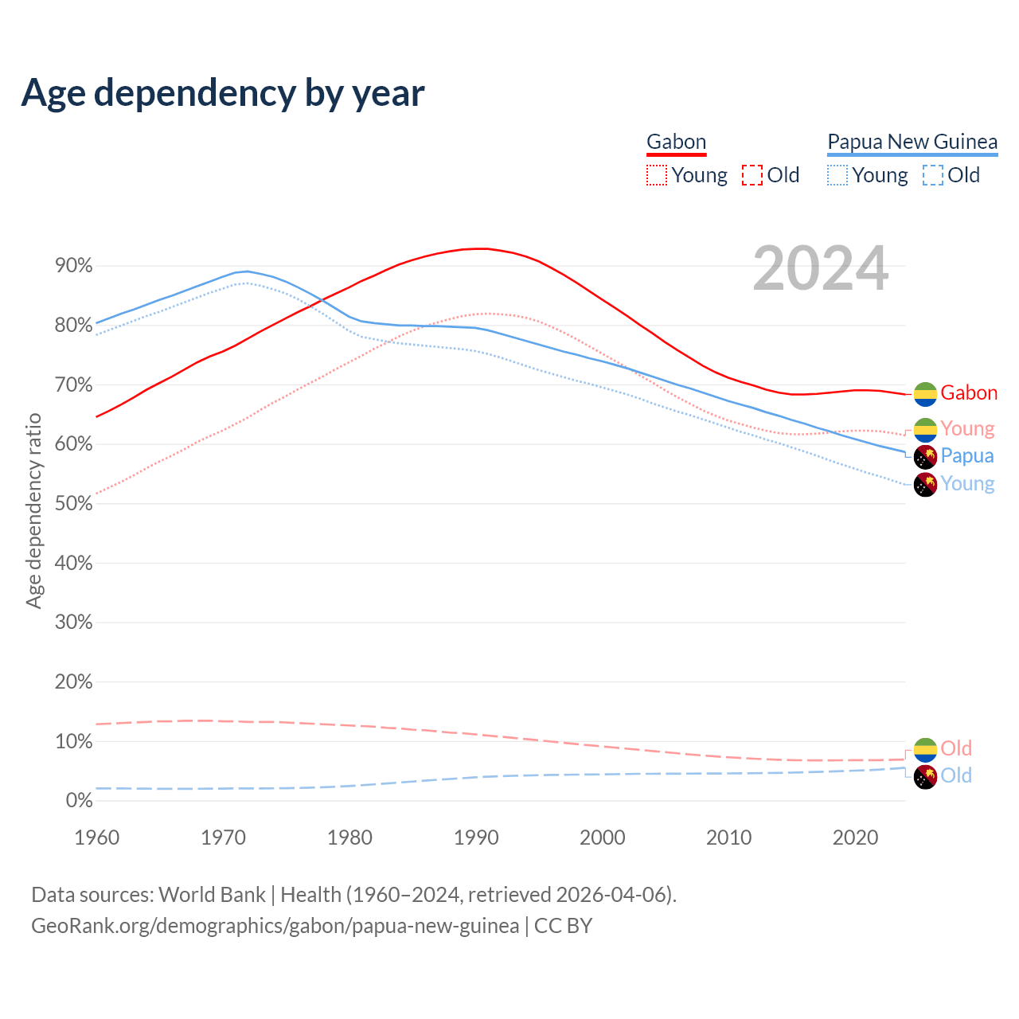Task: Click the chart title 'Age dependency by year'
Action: pos(223,93)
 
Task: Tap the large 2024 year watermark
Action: pos(820,269)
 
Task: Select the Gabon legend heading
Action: pos(676,142)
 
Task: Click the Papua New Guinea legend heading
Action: pos(912,142)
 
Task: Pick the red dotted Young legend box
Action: pos(657,175)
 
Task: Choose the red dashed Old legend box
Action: pos(752,175)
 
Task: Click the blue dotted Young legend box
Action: pos(837,175)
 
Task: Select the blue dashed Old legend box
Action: pos(933,175)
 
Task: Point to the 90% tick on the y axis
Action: pos(74,266)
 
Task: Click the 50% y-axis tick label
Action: pos(74,504)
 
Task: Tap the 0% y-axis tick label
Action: pos(79,801)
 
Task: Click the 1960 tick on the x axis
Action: pos(96,837)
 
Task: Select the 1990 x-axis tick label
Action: pos(476,837)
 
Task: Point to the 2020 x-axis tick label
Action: pos(855,837)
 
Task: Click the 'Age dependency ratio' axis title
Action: pos(33,510)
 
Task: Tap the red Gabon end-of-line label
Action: pos(969,393)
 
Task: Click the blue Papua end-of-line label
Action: pos(967,456)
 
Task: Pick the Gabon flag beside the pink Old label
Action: pos(925,749)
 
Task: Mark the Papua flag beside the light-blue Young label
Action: pos(925,484)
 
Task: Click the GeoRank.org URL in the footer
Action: pos(275,926)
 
